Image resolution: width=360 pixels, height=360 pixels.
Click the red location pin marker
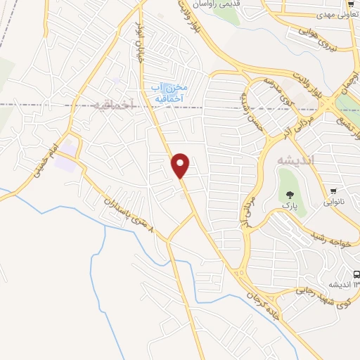click(x=181, y=165)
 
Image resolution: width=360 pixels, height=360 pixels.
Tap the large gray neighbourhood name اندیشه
click(x=290, y=158)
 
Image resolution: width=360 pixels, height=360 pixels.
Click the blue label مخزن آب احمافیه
click(x=169, y=92)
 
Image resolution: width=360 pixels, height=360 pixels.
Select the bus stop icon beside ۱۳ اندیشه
click(x=356, y=275)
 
